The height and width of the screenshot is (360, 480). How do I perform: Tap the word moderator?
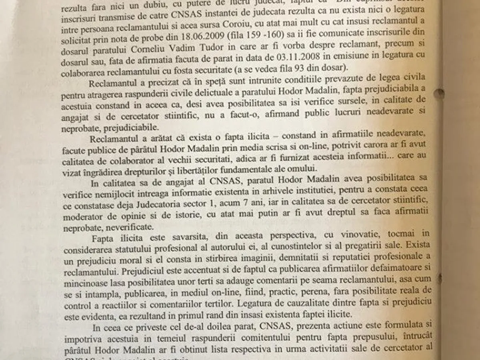tap(84, 217)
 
